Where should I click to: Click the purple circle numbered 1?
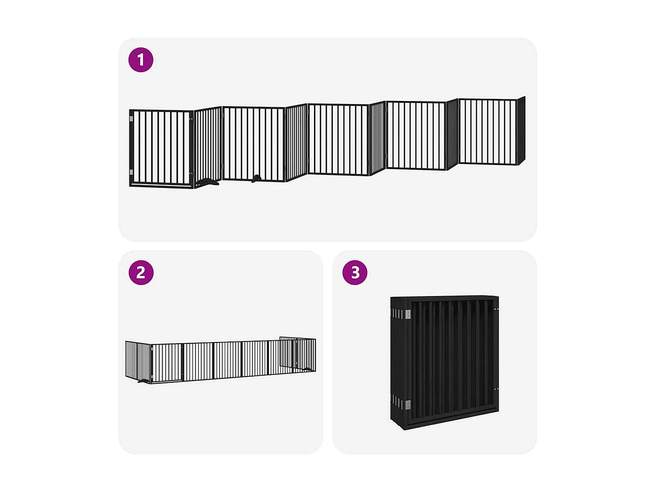[x=141, y=60]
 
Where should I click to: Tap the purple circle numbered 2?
[x=141, y=272]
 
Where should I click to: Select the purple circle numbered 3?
[x=355, y=272]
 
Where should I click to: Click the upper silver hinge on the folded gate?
[x=408, y=314]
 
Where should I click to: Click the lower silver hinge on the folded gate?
[x=408, y=405]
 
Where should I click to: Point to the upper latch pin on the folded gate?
[x=496, y=309]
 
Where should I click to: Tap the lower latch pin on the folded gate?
[x=496, y=389]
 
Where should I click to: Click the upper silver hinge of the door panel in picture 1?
[x=131, y=119]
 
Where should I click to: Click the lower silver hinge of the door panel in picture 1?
[x=131, y=172]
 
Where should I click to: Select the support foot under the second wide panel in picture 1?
[x=256, y=178]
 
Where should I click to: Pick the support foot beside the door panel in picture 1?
[x=208, y=182]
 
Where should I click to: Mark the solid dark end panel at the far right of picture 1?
[x=521, y=131]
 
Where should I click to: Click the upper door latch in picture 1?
[x=191, y=119]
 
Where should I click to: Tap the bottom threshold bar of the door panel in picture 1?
[x=161, y=185]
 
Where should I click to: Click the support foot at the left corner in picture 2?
[x=144, y=380]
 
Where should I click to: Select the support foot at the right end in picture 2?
[x=307, y=370]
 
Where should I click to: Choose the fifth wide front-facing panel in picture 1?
[x=488, y=132]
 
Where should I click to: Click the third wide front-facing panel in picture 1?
[x=338, y=139]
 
